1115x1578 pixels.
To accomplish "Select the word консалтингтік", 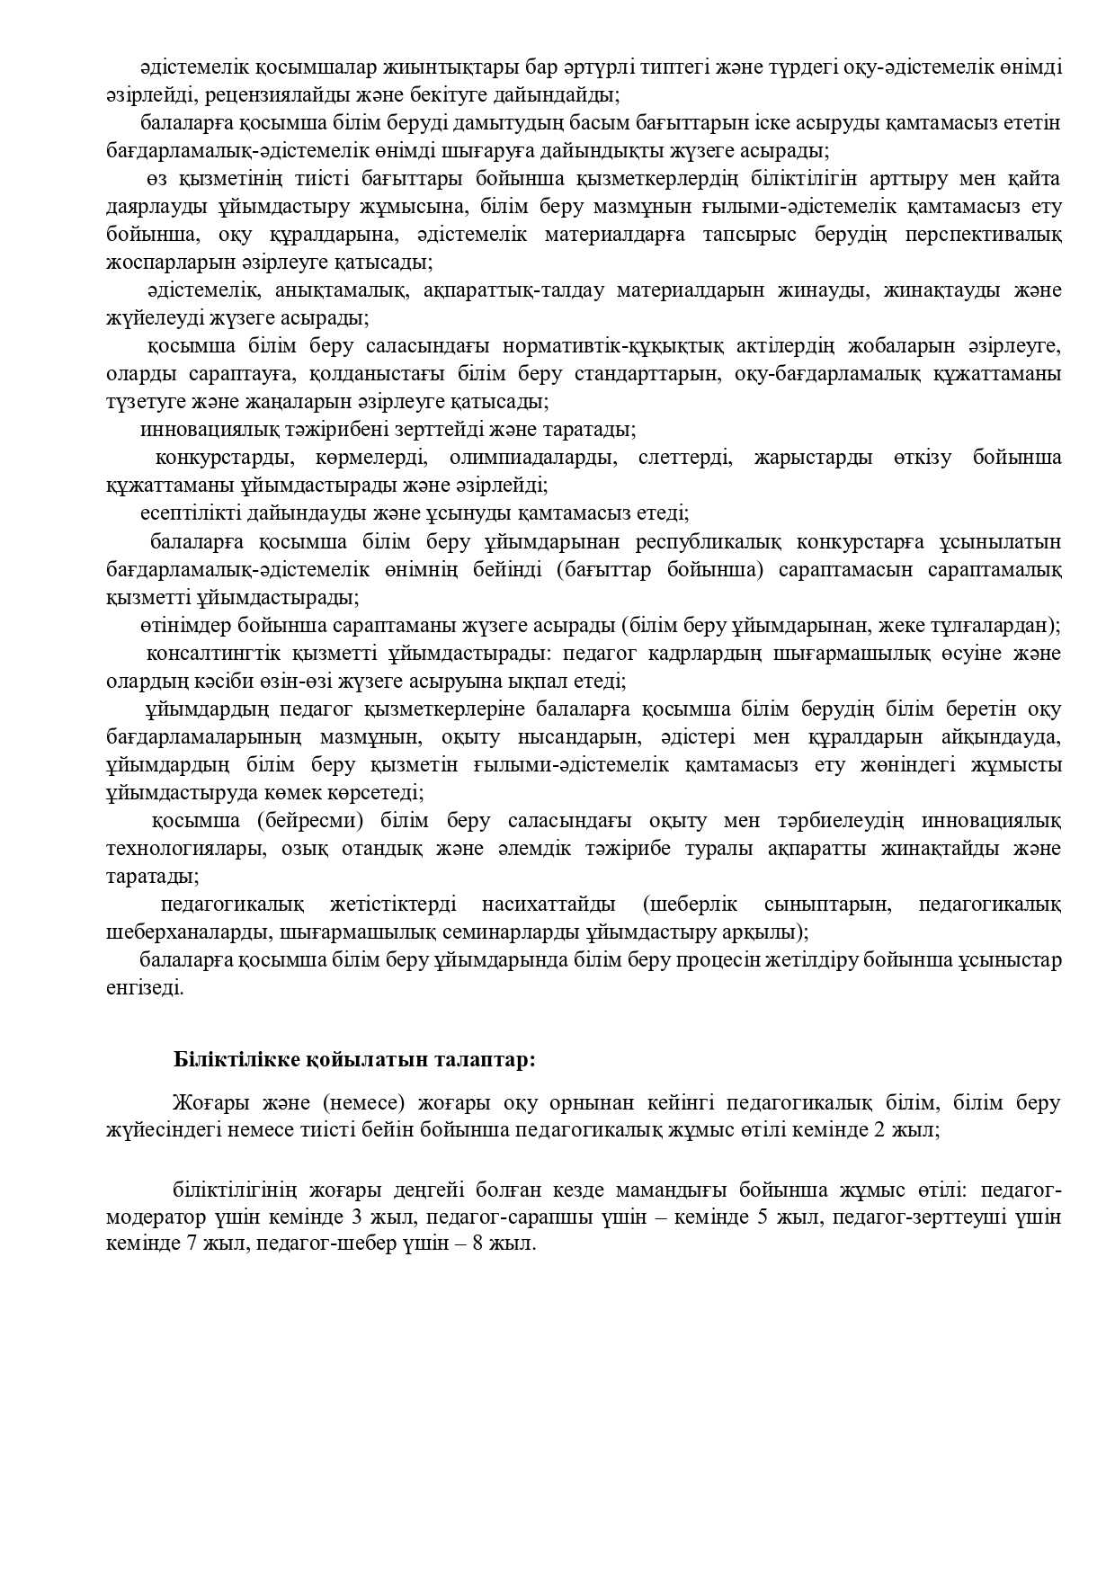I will point(211,653).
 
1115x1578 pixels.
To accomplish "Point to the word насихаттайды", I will point(549,904).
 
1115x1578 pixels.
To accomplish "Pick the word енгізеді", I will point(145,987).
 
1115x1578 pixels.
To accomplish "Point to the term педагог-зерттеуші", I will point(904,1218).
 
